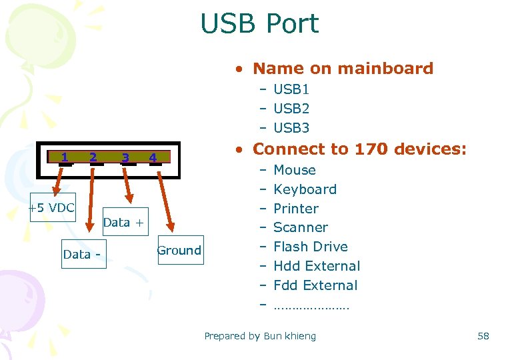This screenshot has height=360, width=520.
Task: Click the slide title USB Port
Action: (x=259, y=24)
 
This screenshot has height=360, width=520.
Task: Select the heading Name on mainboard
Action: (x=343, y=68)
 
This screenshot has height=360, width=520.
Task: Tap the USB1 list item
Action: (x=291, y=89)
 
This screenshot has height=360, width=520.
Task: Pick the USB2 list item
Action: (x=291, y=108)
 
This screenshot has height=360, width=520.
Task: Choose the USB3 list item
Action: (x=291, y=127)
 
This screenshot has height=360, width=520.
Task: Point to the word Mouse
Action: (x=295, y=170)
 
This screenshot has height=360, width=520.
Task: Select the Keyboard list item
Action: (x=305, y=189)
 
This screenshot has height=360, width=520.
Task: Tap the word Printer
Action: (x=296, y=208)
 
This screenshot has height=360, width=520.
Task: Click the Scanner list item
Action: (x=301, y=227)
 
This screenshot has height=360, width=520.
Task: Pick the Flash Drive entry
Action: (x=311, y=247)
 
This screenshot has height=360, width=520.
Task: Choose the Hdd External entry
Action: (x=317, y=266)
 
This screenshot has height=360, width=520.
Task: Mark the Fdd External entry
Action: (x=315, y=285)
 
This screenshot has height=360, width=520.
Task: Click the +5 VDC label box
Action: (x=51, y=207)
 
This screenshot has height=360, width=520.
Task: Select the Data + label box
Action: (x=123, y=223)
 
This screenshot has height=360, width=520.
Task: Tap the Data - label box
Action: (x=84, y=255)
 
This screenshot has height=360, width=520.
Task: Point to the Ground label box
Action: (x=179, y=251)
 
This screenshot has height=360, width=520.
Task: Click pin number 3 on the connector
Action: (x=125, y=158)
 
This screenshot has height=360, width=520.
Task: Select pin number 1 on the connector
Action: (x=64, y=157)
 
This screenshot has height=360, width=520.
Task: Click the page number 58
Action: (x=483, y=336)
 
